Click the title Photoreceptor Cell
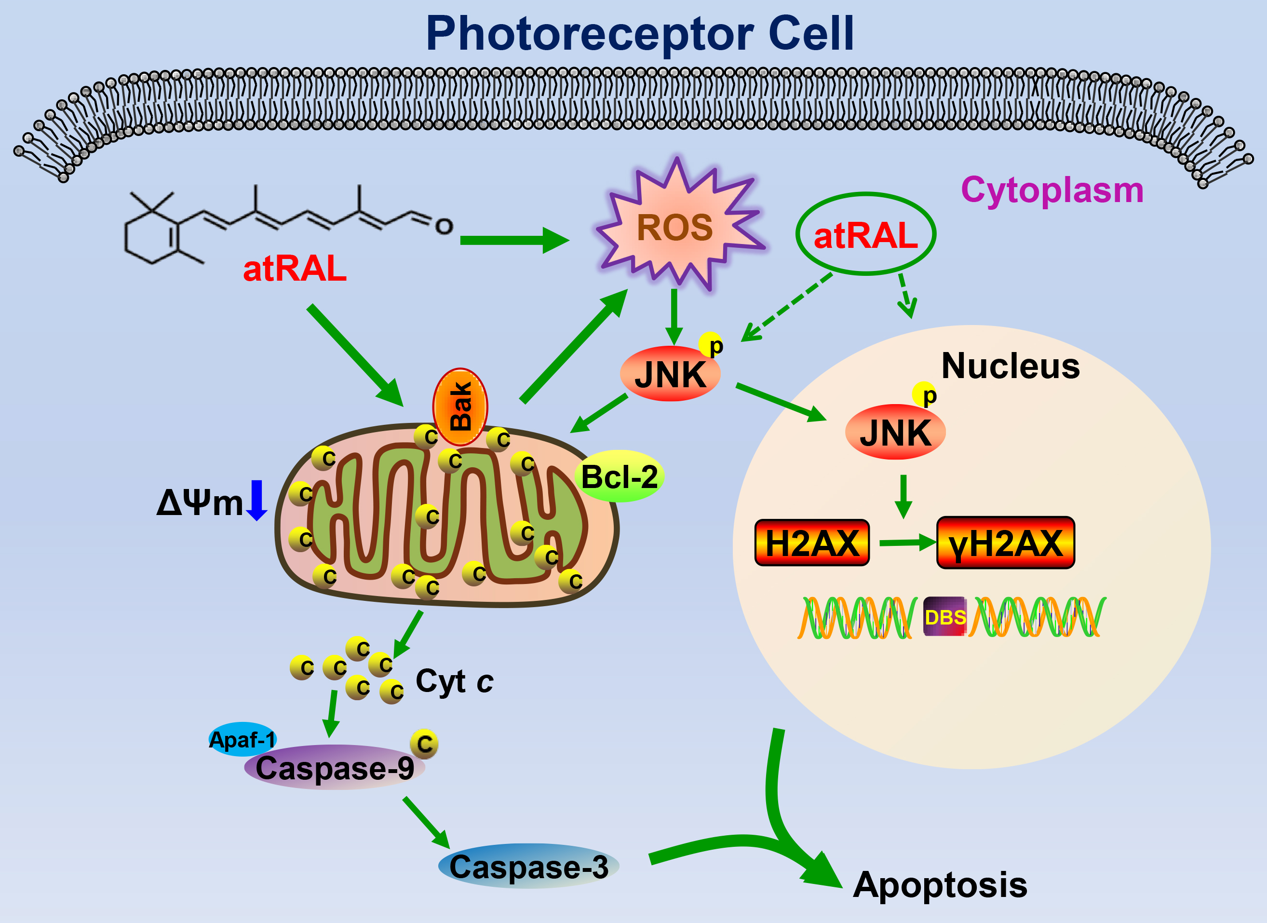pyautogui.click(x=640, y=35)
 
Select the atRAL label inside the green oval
pyautogui.click(x=865, y=235)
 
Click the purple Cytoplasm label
pyautogui.click(x=1052, y=190)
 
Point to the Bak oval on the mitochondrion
pyautogui.click(x=460, y=406)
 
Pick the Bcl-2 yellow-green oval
pyautogui.click(x=619, y=476)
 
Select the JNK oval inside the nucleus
pyautogui.click(x=895, y=433)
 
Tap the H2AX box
pyautogui.click(x=812, y=543)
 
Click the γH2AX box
pyautogui.click(x=1005, y=543)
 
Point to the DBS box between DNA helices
pyautogui.click(x=944, y=617)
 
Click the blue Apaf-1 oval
pyautogui.click(x=242, y=739)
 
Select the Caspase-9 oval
pyautogui.click(x=335, y=768)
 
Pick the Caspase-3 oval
pyautogui.click(x=528, y=867)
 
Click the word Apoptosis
pyautogui.click(x=940, y=885)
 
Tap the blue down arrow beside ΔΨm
pyautogui.click(x=256, y=500)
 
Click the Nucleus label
pyautogui.click(x=1011, y=366)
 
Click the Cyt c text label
pyautogui.click(x=454, y=681)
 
